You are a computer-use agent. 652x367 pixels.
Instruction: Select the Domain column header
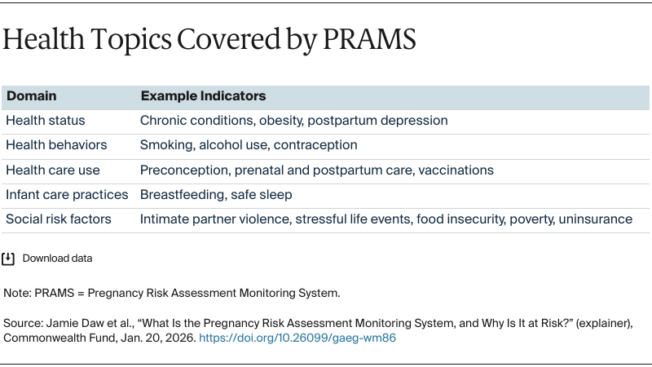pos(31,96)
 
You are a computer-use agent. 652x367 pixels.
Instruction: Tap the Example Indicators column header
pos(203,96)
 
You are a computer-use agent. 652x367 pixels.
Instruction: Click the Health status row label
pos(46,121)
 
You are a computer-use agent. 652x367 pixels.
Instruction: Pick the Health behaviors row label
pos(56,145)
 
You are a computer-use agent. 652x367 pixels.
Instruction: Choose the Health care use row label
pos(53,170)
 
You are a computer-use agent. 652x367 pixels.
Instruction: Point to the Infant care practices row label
pos(67,194)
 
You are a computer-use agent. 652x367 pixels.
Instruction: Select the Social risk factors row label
pos(59,219)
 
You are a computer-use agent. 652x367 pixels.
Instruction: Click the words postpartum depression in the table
pos(385,121)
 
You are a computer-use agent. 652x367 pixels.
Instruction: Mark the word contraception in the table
pos(315,145)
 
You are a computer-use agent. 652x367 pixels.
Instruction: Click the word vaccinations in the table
pos(455,170)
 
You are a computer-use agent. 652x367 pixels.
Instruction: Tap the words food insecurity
pos(459,219)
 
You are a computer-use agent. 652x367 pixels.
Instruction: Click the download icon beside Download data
pos(9,259)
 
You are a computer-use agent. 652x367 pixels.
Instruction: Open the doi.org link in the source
pos(297,338)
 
